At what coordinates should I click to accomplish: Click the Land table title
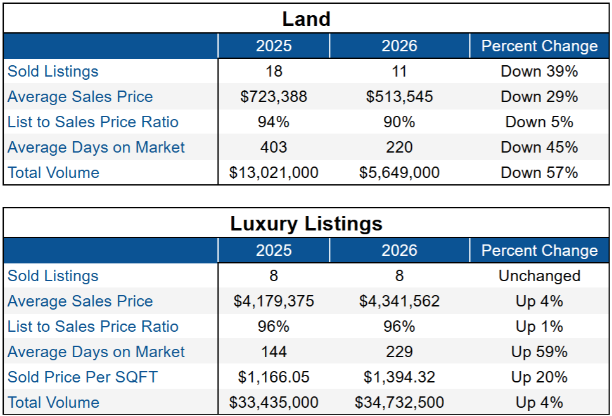(x=306, y=19)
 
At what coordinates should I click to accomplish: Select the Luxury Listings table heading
(x=306, y=224)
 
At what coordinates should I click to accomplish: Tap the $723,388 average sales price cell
(x=274, y=97)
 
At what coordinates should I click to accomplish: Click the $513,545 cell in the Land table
(x=399, y=97)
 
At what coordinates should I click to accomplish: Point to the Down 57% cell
(x=539, y=173)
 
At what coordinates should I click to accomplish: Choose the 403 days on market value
(x=274, y=148)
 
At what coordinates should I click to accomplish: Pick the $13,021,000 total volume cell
(x=274, y=173)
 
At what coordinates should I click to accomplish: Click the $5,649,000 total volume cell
(x=399, y=173)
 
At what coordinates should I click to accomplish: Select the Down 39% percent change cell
(x=539, y=72)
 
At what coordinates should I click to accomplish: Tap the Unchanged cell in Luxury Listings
(x=539, y=276)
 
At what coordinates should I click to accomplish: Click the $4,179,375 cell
(x=274, y=301)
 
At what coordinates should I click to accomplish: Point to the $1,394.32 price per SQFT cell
(x=399, y=377)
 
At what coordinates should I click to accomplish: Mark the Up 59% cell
(x=539, y=352)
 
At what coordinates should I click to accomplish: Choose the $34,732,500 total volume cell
(x=399, y=403)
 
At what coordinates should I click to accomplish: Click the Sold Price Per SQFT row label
(x=82, y=377)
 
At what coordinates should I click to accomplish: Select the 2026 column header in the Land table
(x=399, y=46)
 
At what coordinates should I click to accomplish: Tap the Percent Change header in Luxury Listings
(x=539, y=251)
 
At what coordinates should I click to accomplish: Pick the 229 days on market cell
(x=399, y=352)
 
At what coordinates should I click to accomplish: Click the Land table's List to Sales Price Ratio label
(x=93, y=122)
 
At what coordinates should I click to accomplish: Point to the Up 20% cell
(x=539, y=377)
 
